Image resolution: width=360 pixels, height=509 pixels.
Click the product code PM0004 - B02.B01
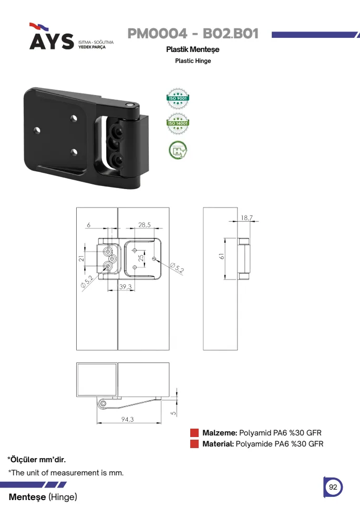click(193, 34)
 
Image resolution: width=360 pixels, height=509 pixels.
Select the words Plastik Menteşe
click(193, 49)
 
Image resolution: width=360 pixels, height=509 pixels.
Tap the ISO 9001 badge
click(178, 98)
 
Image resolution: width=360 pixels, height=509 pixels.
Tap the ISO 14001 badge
click(178, 123)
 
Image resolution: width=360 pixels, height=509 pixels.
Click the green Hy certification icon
click(178, 150)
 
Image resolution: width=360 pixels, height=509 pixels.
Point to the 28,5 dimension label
click(145, 225)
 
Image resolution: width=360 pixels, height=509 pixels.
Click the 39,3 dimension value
click(126, 287)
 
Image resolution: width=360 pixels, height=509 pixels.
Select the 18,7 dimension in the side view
click(247, 217)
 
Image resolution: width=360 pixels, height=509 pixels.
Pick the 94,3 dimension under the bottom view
click(127, 419)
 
